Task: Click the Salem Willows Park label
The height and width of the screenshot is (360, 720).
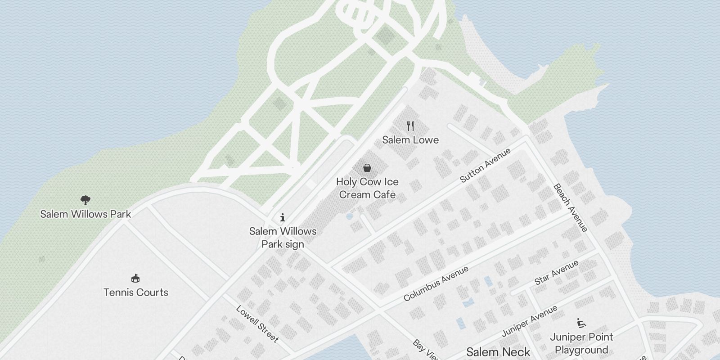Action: (85, 214)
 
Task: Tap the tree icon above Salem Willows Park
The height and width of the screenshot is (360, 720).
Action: (85, 200)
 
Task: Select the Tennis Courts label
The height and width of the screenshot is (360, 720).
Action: (136, 292)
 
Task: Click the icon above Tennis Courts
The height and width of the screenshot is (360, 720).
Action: (135, 278)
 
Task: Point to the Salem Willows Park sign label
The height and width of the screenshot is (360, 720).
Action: (283, 238)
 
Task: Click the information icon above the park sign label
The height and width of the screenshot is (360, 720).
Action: (283, 218)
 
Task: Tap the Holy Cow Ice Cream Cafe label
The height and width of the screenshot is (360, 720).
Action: (367, 188)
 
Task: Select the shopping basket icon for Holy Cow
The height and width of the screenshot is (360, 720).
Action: (367, 168)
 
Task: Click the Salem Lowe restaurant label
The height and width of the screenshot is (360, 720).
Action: (410, 140)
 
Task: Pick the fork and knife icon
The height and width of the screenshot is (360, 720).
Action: (410, 126)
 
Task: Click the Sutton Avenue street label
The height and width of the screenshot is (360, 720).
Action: (486, 165)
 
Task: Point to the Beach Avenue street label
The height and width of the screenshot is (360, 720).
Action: (570, 207)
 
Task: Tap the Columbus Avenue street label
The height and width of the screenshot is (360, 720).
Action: (436, 283)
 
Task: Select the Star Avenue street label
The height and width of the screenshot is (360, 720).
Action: (556, 273)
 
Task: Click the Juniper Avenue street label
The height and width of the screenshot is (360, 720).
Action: (530, 320)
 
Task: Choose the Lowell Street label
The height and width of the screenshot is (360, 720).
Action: (257, 324)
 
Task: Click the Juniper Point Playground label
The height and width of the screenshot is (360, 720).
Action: (581, 343)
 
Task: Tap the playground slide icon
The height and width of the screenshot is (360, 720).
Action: (581, 323)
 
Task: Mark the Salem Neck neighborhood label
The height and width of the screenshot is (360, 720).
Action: (498, 352)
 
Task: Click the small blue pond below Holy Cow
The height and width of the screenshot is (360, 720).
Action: (349, 216)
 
